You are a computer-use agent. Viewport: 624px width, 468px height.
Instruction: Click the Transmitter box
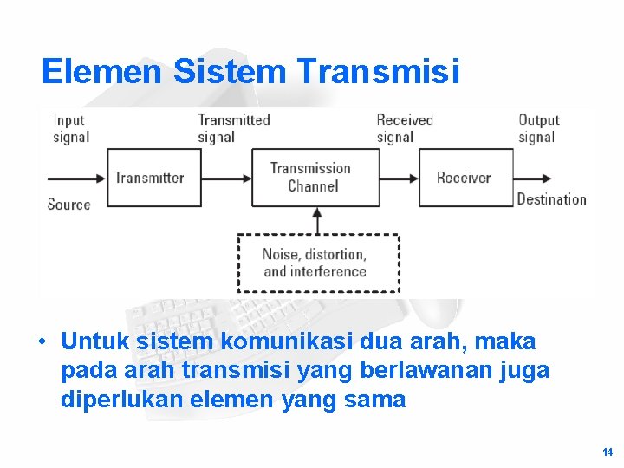(x=153, y=178)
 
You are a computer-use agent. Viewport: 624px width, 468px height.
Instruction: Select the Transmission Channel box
(x=315, y=178)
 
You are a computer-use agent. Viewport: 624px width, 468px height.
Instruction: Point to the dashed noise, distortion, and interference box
(x=318, y=263)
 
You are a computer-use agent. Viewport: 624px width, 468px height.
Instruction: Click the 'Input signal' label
(x=69, y=128)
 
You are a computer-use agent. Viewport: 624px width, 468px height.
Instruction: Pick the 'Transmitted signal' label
(x=233, y=128)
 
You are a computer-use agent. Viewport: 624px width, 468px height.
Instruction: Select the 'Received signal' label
(x=404, y=128)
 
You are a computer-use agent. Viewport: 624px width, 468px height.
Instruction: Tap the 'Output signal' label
(x=538, y=128)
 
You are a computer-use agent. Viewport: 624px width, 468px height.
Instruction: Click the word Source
(x=69, y=205)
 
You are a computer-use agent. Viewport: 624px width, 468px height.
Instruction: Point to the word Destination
(x=551, y=199)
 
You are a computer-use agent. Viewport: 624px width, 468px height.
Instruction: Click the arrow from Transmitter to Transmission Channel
(x=226, y=178)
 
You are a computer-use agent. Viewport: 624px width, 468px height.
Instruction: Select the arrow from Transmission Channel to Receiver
(x=400, y=178)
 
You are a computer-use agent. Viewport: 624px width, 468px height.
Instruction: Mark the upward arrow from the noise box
(x=316, y=220)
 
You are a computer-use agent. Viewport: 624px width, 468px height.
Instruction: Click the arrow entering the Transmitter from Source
(x=76, y=179)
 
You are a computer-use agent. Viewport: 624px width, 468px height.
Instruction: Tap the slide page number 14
(x=607, y=452)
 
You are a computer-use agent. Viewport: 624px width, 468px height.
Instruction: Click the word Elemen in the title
(x=101, y=72)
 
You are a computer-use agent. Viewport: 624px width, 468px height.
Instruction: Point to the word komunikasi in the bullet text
(x=279, y=341)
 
